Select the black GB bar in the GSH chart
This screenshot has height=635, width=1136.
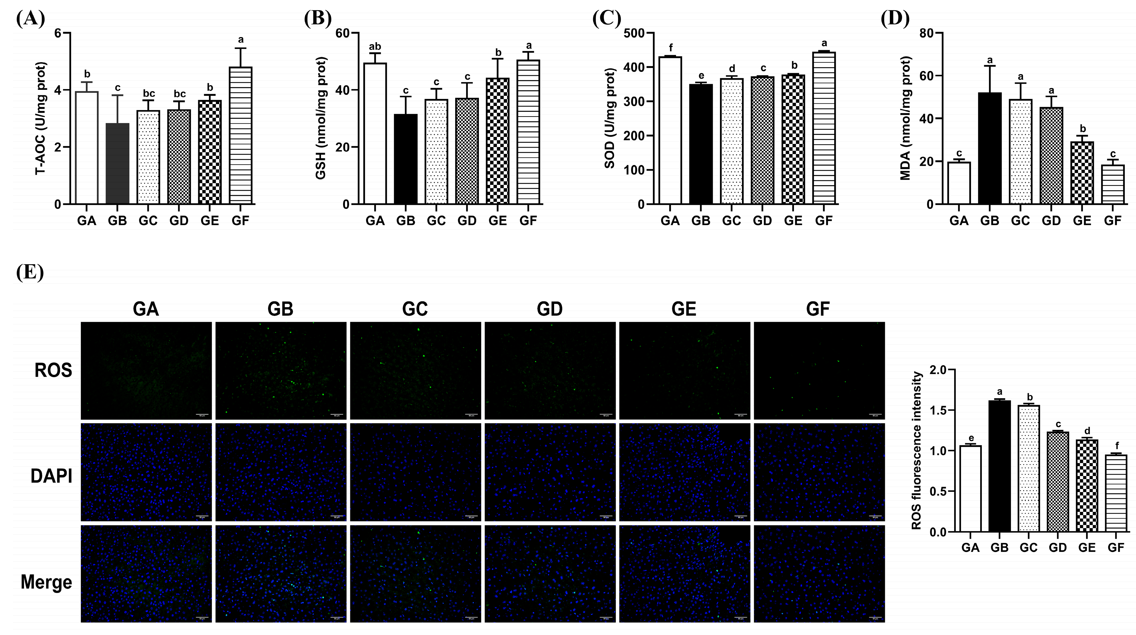[x=406, y=159]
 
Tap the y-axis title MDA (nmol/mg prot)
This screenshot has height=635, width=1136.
[x=905, y=118]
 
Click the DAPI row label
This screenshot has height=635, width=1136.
[x=51, y=477]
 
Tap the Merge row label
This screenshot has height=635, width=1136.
[x=46, y=582]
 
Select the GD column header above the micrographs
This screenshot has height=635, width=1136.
[x=549, y=309]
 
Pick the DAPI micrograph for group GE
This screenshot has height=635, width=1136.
[x=684, y=472]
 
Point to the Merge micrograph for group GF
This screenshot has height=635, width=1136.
[x=819, y=574]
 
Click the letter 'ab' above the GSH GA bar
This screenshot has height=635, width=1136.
[x=375, y=46]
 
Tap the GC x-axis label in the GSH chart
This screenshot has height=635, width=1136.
[x=436, y=221]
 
